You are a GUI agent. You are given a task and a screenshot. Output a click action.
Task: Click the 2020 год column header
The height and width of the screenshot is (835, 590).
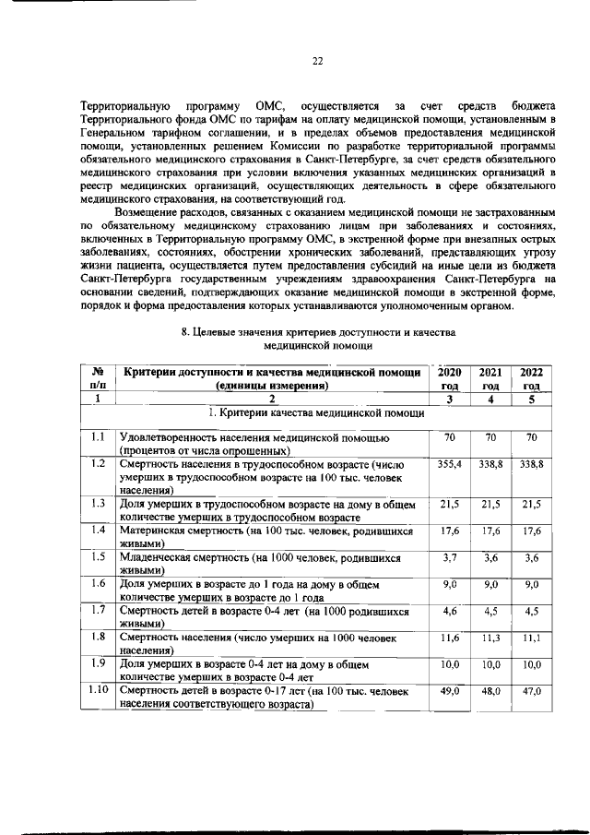pos(449,377)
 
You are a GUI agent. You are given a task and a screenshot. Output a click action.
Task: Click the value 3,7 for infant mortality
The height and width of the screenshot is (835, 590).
pos(450,557)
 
